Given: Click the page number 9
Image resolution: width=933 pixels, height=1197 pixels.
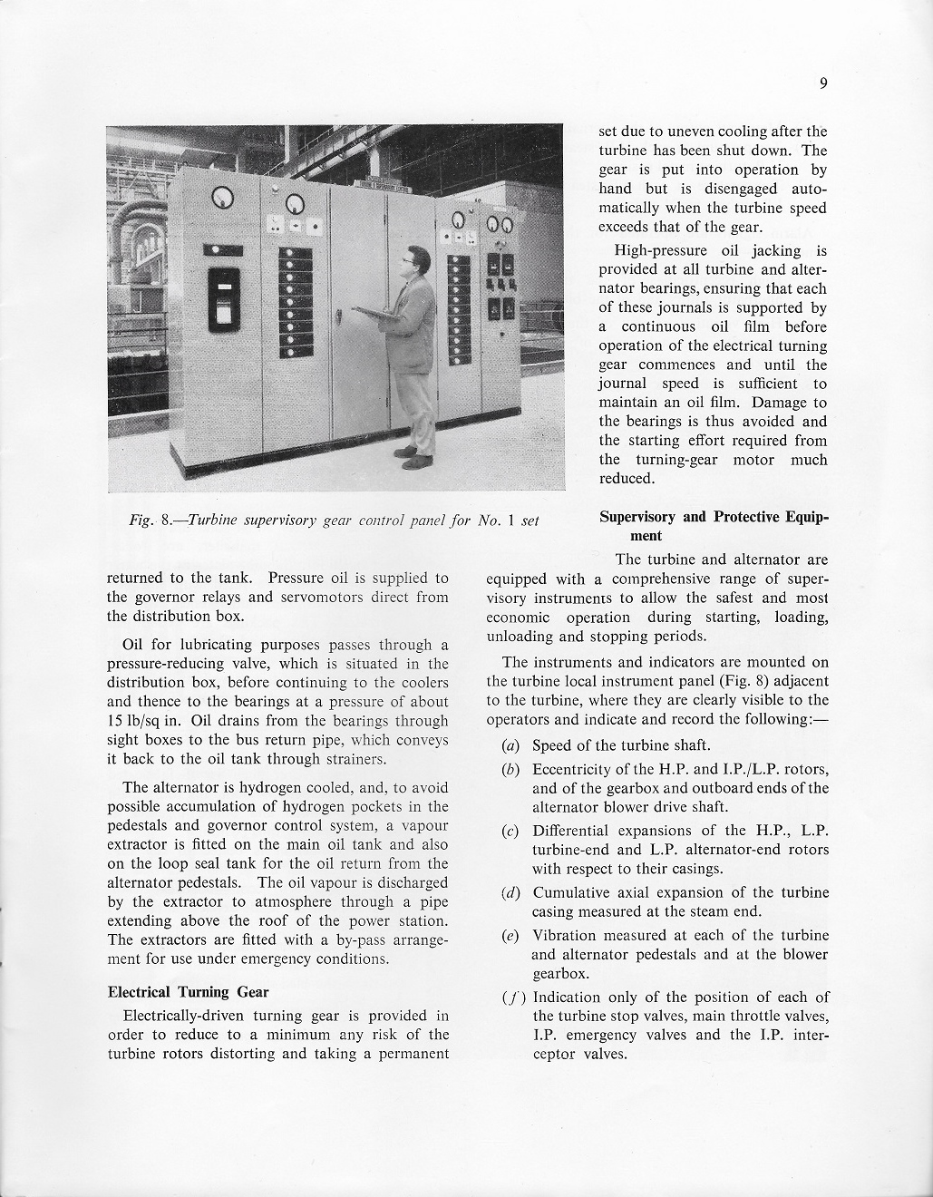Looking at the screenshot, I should (823, 84).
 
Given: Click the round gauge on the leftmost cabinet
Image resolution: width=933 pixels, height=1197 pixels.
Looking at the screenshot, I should (222, 196).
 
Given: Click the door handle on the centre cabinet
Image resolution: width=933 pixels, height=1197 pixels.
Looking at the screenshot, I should (336, 317).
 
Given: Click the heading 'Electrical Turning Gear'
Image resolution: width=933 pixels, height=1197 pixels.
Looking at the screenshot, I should (188, 991).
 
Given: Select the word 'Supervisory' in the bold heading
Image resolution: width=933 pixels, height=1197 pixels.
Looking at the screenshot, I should (637, 517).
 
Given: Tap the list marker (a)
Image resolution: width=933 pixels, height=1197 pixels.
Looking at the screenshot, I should (510, 746).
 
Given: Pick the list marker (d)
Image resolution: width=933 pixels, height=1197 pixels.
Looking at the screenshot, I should (510, 893).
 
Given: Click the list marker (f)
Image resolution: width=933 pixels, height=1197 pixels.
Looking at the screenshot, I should (510, 997).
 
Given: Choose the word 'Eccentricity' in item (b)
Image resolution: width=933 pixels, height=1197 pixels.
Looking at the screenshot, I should (574, 770).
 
